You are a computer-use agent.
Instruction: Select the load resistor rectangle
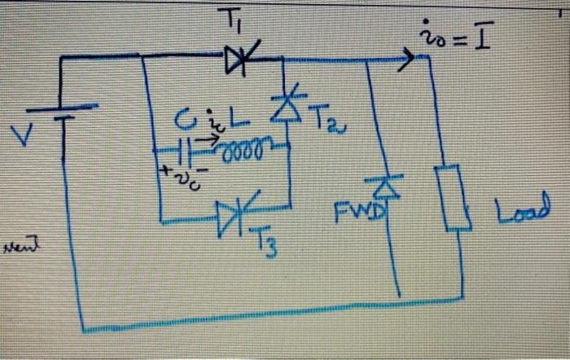(x=450, y=196)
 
